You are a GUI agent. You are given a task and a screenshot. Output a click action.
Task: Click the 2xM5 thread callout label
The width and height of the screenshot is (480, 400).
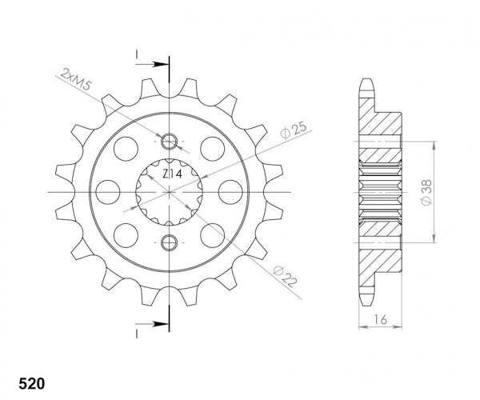(76, 79)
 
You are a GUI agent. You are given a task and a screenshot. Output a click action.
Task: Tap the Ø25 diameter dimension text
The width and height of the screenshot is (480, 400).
(293, 130)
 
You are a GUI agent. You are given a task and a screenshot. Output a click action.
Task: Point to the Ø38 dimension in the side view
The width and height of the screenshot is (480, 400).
(426, 192)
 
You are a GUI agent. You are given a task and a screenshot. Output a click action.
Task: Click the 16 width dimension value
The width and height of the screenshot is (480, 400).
(380, 319)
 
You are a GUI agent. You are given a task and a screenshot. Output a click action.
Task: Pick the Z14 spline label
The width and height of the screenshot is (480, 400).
(172, 174)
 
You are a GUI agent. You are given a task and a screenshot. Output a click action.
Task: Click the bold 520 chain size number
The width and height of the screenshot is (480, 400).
(32, 383)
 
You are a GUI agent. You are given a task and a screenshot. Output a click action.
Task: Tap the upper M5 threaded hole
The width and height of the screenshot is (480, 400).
(170, 142)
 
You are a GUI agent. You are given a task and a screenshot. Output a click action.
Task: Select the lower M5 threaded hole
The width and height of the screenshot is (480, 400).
(170, 242)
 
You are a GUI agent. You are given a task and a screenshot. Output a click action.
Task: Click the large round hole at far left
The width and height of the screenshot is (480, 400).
(108, 192)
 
